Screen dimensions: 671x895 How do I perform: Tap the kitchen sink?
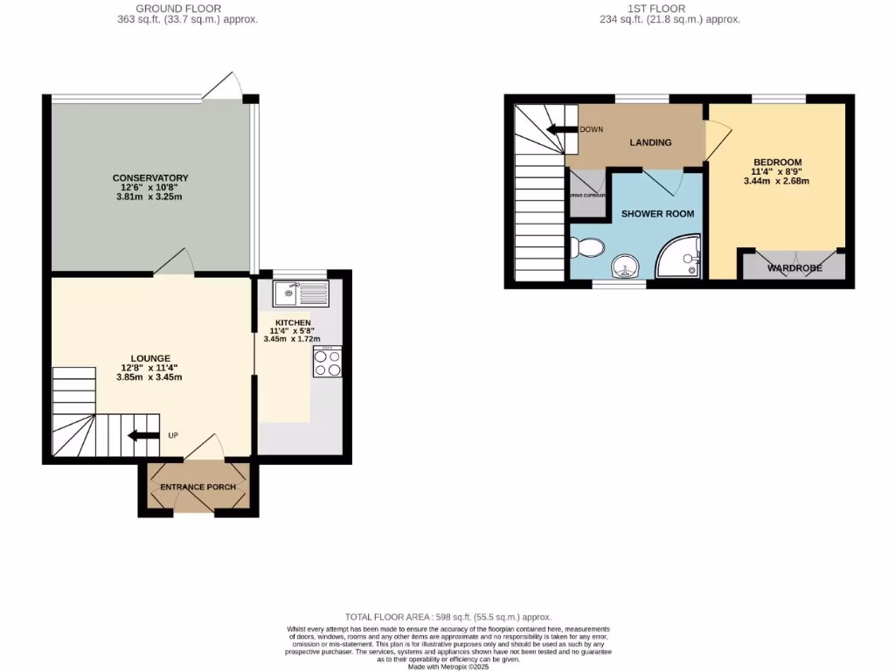pos(300,294)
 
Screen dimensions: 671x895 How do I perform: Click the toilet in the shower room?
pos(586,248)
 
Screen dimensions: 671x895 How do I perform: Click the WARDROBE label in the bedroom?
pos(794,268)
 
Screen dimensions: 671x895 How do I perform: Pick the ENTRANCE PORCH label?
pos(198,487)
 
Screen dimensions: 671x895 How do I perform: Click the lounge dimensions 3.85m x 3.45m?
pos(149,377)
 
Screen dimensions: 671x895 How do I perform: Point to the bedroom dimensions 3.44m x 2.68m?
pos(777,182)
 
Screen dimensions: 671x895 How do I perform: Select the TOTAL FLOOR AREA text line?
pos(448,617)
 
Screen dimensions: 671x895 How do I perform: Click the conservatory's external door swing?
pos(223,86)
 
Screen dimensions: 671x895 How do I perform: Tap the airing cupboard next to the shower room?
pos(587,185)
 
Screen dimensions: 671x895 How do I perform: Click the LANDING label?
pos(651,142)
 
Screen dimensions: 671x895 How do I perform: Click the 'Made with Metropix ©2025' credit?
pos(448,667)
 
